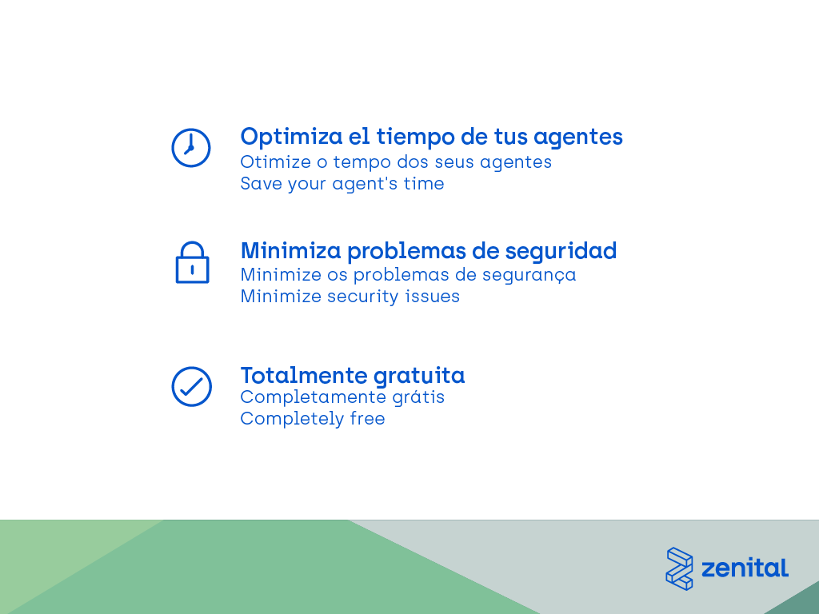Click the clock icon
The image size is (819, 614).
pyautogui.click(x=190, y=148)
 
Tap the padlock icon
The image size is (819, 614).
pyautogui.click(x=192, y=262)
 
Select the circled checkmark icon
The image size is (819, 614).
pyautogui.click(x=192, y=386)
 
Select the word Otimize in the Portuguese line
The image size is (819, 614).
pyautogui.click(x=276, y=161)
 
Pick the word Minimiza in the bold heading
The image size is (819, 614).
pyautogui.click(x=290, y=250)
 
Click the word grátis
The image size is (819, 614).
pyautogui.click(x=417, y=397)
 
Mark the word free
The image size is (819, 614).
pyautogui.click(x=367, y=419)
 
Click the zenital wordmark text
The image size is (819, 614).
pyautogui.click(x=745, y=568)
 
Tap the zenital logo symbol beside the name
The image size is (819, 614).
pyautogui.click(x=679, y=568)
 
